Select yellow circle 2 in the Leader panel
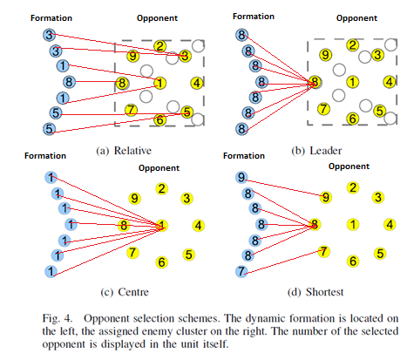tap(352, 45)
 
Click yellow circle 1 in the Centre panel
tap(161, 225)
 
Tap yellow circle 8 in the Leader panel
tap(314, 84)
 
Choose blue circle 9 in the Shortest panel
tap(241, 178)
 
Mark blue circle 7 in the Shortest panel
tap(241, 271)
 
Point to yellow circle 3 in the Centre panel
tap(187, 198)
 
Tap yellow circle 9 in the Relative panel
tap(132, 56)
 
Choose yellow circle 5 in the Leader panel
tap(379, 111)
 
